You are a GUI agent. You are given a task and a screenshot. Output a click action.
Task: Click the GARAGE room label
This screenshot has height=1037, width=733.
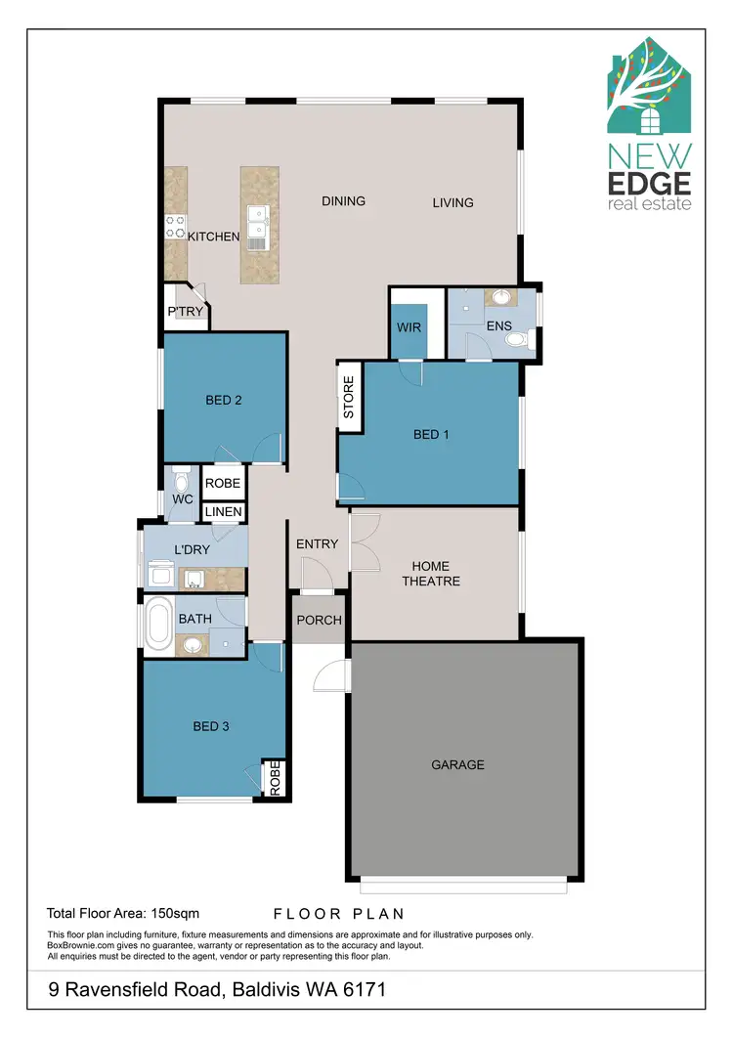pyautogui.click(x=457, y=764)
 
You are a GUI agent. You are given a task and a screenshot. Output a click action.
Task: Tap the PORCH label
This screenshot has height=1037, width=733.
pyautogui.click(x=319, y=620)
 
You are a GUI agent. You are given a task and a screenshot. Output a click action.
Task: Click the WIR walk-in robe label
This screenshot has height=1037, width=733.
pyautogui.click(x=410, y=327)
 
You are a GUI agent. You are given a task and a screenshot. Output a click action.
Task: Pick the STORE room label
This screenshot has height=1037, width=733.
pyautogui.click(x=348, y=396)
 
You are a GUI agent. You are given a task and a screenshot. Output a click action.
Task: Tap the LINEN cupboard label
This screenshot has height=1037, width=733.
pyautogui.click(x=223, y=511)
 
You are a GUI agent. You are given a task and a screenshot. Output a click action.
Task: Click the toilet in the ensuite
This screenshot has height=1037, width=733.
pyautogui.click(x=516, y=340)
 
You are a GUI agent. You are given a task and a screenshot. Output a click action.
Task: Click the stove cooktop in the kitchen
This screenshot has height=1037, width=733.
pyautogui.click(x=175, y=228)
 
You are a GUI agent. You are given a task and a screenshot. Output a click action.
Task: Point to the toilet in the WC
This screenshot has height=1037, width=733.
pyautogui.click(x=181, y=483)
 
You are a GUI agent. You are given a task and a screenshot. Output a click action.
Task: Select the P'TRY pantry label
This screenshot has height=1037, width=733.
pyautogui.click(x=186, y=312)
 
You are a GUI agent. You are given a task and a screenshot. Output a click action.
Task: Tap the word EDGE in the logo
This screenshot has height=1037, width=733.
pyautogui.click(x=649, y=183)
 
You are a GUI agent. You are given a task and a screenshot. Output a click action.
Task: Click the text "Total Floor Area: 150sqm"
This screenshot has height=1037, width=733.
pyautogui.click(x=123, y=914)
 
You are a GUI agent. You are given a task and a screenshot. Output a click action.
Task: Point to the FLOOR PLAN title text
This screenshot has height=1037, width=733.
pyautogui.click(x=338, y=914)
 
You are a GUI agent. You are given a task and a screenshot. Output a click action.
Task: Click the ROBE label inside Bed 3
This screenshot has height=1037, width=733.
pyautogui.click(x=275, y=779)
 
